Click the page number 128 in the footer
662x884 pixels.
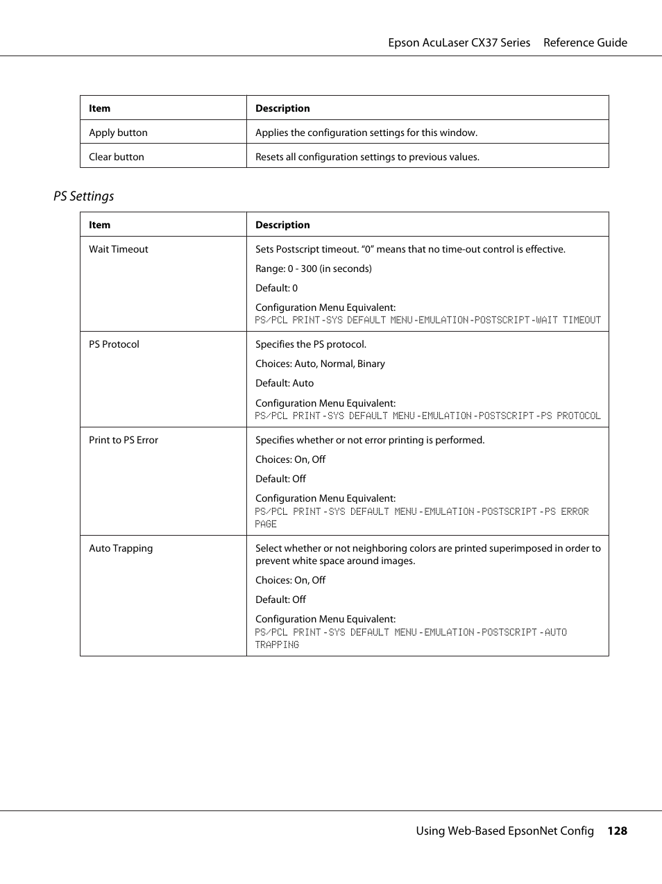coord(617,831)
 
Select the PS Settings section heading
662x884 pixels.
coord(83,196)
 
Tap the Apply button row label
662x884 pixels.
coord(118,133)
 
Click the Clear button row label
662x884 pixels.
coord(117,157)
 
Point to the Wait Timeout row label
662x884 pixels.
coord(119,249)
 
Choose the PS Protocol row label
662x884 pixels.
coord(114,344)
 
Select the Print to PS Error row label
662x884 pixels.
coord(124,440)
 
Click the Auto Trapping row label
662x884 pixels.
coord(121,548)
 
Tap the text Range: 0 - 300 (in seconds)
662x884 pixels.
coord(313,269)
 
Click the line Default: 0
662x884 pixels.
coord(276,288)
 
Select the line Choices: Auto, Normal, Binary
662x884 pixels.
coord(320,364)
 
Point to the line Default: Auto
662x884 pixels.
coord(285,383)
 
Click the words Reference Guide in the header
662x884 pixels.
coord(585,42)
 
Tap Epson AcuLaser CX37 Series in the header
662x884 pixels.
coord(459,42)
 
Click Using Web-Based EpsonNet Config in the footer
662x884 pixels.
coord(504,831)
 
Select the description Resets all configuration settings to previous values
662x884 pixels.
coord(367,157)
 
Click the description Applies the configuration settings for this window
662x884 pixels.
coord(366,133)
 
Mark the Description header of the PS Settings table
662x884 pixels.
coord(282,225)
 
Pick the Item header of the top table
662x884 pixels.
coord(99,108)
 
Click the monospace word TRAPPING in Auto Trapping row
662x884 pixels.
coord(277,645)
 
